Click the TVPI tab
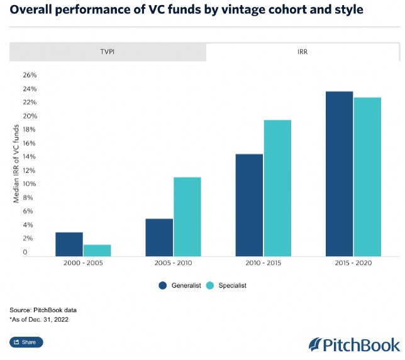[x=108, y=52]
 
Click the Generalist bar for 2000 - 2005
[x=69, y=244]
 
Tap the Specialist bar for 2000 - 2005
[x=97, y=250]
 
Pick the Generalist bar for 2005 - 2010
[x=159, y=237]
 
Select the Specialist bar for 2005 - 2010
[x=187, y=217]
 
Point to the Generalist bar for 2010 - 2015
[x=249, y=205]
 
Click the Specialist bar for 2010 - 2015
[x=277, y=188]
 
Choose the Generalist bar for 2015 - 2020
[x=339, y=174]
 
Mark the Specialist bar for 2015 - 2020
[x=367, y=177]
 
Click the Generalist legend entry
[x=180, y=286]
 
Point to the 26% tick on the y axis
[x=30, y=75]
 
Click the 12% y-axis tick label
[x=30, y=171]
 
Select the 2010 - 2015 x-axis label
[x=264, y=264]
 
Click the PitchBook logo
[x=354, y=344]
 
